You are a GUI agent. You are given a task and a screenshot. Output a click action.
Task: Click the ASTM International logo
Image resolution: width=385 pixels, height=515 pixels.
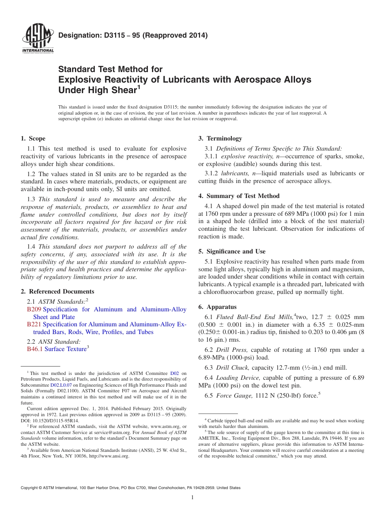tap(38, 38)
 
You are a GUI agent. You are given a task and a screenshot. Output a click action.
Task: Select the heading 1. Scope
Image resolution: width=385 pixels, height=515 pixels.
tap(33, 138)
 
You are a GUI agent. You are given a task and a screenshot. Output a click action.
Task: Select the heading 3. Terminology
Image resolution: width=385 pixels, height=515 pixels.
tap(220, 138)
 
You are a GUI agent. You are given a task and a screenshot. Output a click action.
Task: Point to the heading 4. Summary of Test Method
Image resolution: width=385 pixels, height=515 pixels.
tap(239, 196)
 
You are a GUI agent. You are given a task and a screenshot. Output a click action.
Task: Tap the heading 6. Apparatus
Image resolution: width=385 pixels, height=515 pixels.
tap(218, 307)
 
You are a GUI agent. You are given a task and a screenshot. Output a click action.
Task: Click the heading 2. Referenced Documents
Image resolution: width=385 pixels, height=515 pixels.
tap(58, 292)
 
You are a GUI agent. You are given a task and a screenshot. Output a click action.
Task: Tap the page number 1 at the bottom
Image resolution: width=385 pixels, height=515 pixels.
tap(192, 498)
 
